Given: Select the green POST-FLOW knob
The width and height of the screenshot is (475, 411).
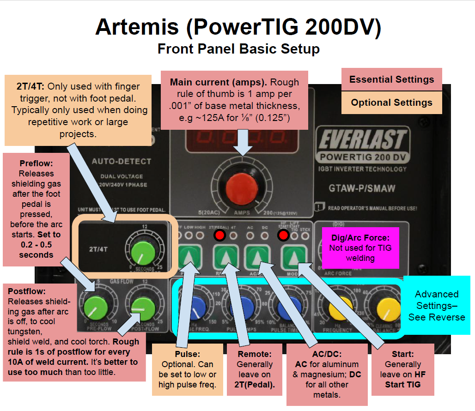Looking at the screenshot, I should click(x=139, y=306).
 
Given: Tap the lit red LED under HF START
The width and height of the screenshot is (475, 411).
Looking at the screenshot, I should click(x=283, y=236).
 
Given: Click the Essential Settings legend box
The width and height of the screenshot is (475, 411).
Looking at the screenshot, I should click(x=391, y=79).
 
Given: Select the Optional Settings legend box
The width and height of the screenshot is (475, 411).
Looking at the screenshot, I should click(x=391, y=103).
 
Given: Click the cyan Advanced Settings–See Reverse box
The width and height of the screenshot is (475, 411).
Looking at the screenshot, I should click(x=436, y=305).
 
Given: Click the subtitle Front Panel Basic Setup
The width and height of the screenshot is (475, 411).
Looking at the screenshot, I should click(x=238, y=48).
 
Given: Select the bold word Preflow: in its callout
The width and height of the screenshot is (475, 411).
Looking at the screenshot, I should click(x=36, y=163).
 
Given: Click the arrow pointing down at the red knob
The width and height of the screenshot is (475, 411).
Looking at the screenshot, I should click(x=244, y=145).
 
